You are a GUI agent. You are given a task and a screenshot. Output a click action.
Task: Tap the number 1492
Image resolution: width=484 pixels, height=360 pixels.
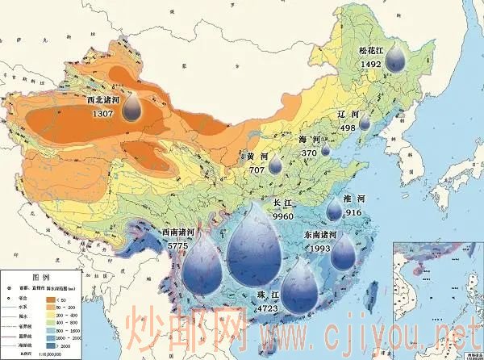[371, 62]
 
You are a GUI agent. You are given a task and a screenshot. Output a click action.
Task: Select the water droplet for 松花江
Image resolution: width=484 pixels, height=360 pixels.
[395, 58]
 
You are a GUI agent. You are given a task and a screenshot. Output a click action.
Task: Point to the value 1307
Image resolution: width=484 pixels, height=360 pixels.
[103, 114]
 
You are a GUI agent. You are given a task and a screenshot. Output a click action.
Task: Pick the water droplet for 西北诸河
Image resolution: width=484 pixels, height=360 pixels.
[134, 108]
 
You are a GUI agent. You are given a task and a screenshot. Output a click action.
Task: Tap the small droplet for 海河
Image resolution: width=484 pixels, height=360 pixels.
[326, 149]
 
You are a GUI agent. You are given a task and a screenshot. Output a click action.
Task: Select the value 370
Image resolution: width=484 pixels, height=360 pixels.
[309, 152]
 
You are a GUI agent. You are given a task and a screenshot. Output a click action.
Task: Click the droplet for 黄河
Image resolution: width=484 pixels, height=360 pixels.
[275, 165]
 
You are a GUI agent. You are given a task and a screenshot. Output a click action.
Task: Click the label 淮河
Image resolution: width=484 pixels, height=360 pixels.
[356, 199]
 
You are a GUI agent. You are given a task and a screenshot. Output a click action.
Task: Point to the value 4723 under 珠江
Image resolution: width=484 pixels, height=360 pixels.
[266, 308]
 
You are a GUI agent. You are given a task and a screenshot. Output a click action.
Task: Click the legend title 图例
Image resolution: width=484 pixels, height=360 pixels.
[41, 276]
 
